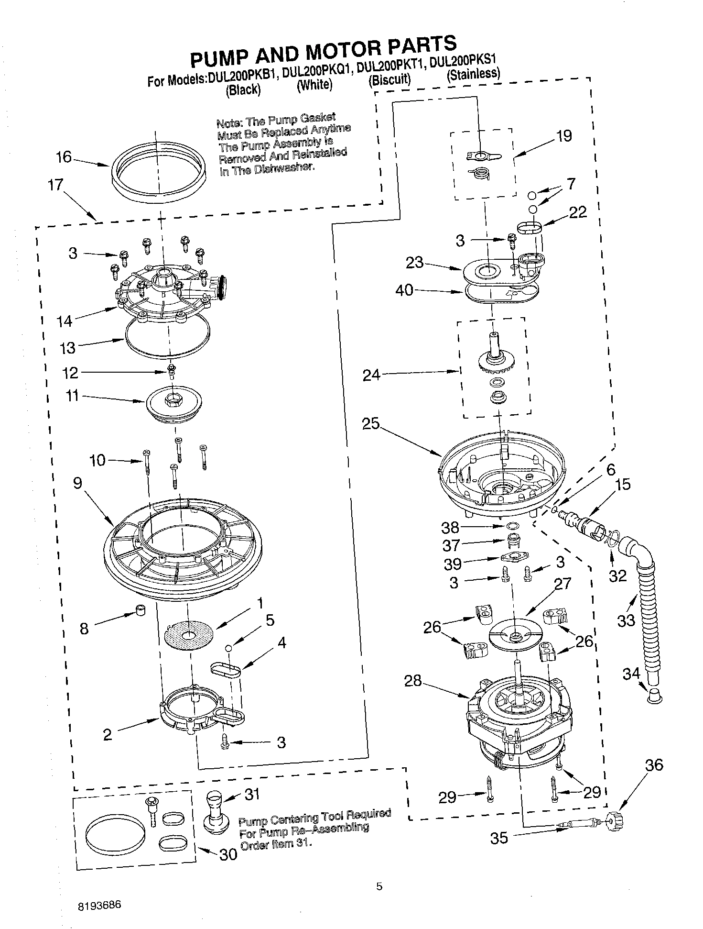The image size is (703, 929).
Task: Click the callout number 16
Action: [x=64, y=157]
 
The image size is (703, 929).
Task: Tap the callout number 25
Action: [x=370, y=423]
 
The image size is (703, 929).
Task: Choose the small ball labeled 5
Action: [x=229, y=648]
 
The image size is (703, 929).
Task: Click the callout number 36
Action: [x=654, y=765]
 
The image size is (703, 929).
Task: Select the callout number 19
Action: [x=564, y=136]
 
